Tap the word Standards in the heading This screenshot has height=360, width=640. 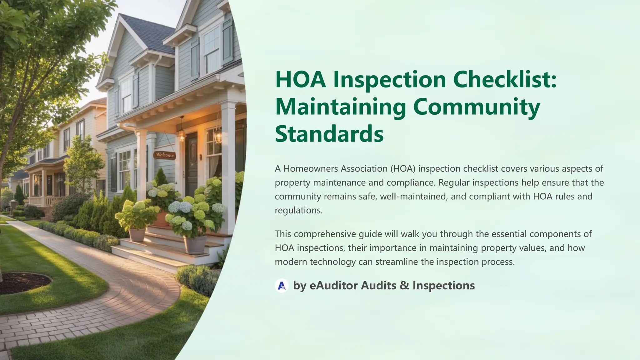click(329, 133)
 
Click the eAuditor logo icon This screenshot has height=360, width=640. click(282, 285)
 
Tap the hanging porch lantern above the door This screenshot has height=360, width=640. click(181, 134)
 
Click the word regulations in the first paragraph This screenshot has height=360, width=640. click(298, 210)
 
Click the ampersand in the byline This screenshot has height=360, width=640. click(404, 285)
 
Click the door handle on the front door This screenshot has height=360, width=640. click(201, 157)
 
